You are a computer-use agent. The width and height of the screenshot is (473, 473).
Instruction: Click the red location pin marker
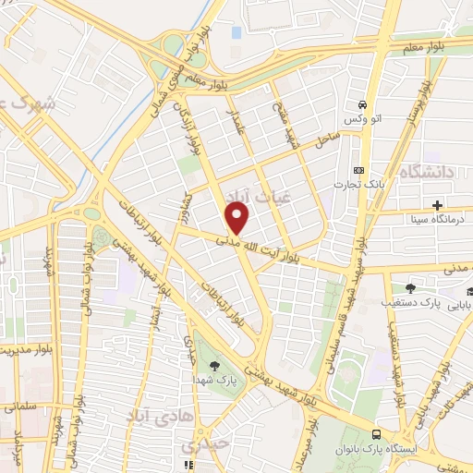[x=238, y=218]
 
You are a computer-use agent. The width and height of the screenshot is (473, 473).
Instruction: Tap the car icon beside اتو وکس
[x=364, y=103]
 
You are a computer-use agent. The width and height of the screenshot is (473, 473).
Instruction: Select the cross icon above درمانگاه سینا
[x=436, y=205]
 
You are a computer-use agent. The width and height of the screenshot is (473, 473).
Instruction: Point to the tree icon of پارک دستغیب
[x=409, y=288]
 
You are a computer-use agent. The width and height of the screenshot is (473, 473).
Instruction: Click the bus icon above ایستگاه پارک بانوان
[x=375, y=434]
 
